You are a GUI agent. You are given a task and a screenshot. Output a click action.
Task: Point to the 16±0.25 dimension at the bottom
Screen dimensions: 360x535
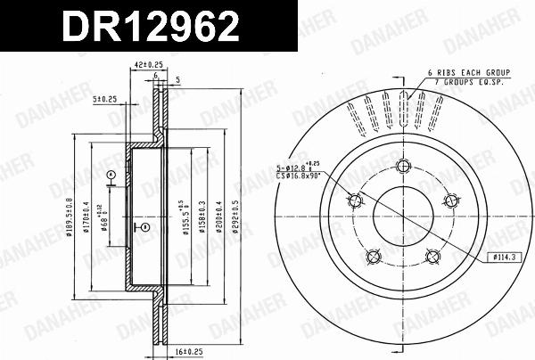click(x=190, y=352)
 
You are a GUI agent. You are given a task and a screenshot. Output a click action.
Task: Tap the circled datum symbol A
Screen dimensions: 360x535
click(x=111, y=175)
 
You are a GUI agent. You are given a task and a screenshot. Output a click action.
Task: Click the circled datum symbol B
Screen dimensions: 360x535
click(x=145, y=228)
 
